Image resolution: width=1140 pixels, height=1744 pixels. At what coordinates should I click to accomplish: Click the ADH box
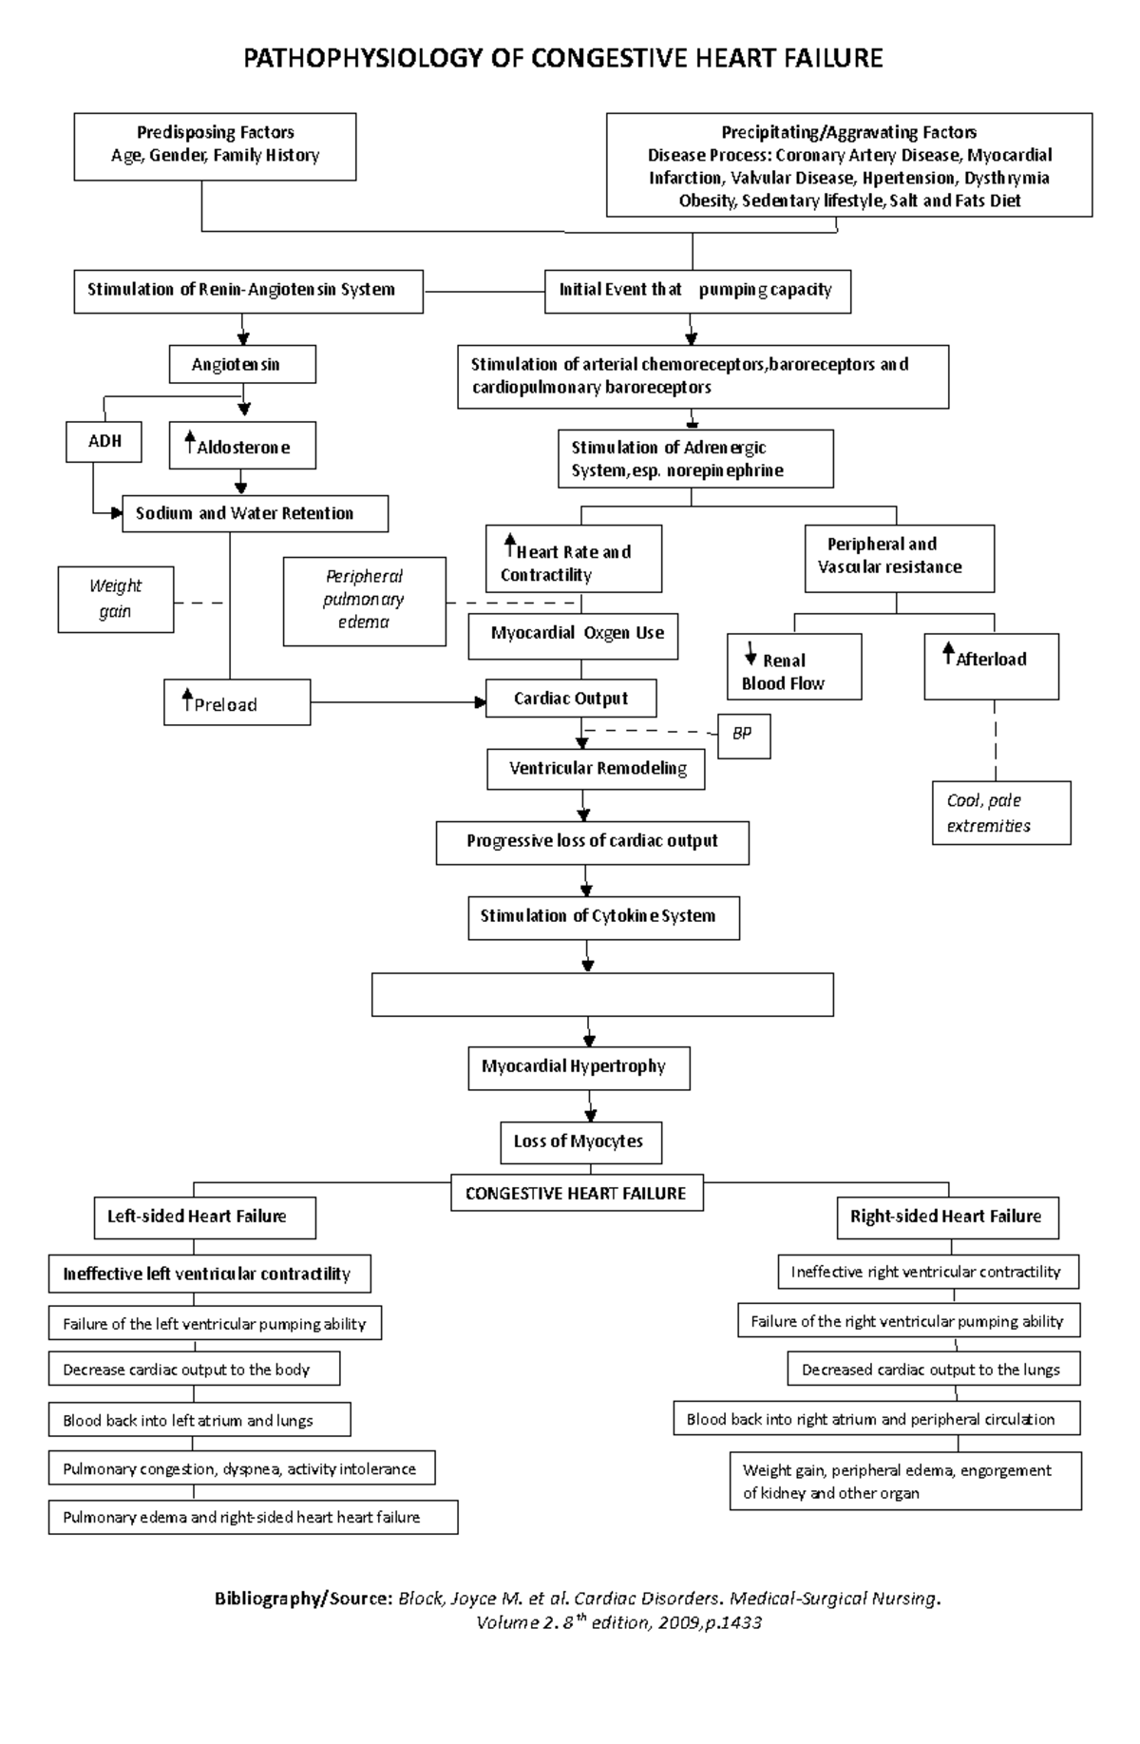pos(104,442)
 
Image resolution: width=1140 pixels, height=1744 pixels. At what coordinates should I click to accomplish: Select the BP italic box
pos(743,737)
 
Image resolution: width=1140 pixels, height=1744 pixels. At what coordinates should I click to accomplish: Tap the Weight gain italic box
pos(116,599)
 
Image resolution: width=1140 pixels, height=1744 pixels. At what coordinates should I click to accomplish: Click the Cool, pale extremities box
pos(1001,813)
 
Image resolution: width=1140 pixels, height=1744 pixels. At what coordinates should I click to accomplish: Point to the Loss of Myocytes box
pos(580,1141)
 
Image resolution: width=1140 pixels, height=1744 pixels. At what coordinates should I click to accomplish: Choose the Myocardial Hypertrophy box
pos(579,1067)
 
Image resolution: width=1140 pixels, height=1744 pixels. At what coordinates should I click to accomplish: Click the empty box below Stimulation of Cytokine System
pos(602,994)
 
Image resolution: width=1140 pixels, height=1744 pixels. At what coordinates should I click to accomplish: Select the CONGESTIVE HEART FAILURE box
pos(577,1194)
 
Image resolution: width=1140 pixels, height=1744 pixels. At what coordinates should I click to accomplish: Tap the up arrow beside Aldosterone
pos(189,441)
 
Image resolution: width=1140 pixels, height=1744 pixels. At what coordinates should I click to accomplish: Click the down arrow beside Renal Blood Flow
pos(750,653)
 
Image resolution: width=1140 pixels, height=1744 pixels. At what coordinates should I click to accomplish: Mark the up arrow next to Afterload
pos(947,652)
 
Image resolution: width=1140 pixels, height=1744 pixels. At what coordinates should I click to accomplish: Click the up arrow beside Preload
pos(187,699)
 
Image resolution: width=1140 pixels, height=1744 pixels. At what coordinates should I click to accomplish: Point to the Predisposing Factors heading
pos(215,132)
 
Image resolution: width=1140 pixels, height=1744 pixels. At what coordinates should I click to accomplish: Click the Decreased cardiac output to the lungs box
pos(933,1370)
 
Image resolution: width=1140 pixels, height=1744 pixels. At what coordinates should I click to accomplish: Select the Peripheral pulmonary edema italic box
pos(364,600)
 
